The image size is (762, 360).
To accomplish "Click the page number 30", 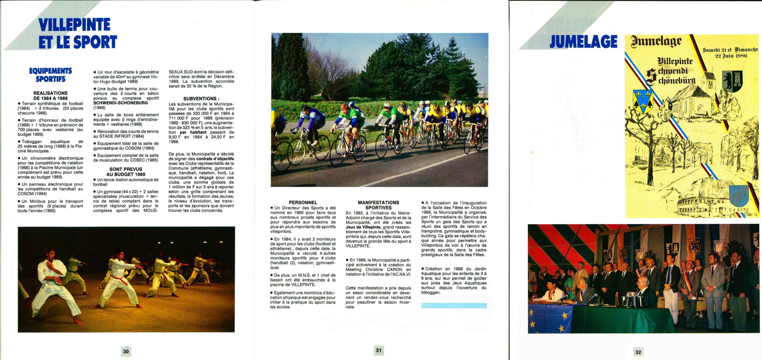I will [126, 351].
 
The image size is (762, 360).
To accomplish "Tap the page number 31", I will [378, 350].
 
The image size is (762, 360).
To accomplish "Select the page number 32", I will [638, 352].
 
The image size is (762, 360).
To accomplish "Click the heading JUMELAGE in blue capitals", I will [583, 42].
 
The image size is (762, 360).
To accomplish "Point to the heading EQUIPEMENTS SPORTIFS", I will [51, 75].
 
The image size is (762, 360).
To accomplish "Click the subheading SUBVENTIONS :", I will [201, 98].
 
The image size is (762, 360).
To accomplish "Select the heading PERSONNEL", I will [303, 203].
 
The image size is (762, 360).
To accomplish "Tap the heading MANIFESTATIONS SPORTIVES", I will [378, 205].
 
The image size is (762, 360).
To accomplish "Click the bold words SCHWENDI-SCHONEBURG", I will [121, 103].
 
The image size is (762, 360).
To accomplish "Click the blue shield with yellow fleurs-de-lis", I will [643, 101].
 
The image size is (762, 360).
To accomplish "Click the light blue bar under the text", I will [454, 305].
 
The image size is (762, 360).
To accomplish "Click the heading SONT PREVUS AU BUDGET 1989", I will [126, 172].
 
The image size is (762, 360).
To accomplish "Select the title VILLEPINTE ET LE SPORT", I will [77, 33].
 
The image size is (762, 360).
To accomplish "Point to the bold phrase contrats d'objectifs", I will [215, 159].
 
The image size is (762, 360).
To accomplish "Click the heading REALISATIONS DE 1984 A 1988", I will [50, 96].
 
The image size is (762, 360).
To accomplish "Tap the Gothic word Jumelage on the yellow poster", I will [656, 42].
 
